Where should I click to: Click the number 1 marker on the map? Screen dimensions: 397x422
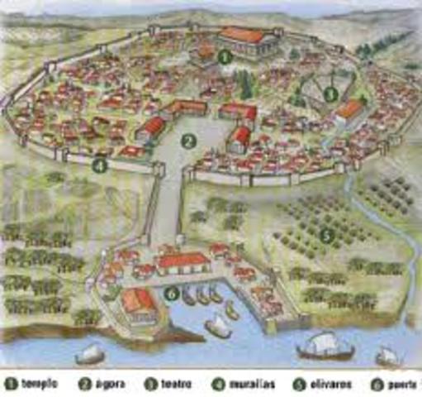pos(224,56)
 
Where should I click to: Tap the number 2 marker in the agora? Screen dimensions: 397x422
pos(188,141)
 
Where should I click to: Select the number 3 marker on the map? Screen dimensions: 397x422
pos(330,94)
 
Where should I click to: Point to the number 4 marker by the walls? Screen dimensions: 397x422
pos(99,165)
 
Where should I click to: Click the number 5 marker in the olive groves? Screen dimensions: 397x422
pos(326,235)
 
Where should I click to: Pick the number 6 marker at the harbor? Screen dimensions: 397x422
pos(170,292)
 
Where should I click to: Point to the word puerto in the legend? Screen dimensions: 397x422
pos(401,384)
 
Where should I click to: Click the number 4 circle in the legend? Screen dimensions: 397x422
pos(219,384)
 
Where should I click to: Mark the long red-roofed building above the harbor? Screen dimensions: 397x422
pos(183,263)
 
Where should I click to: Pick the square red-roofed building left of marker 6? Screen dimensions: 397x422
pos(137,303)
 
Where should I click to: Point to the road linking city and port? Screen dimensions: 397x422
pos(168,207)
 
